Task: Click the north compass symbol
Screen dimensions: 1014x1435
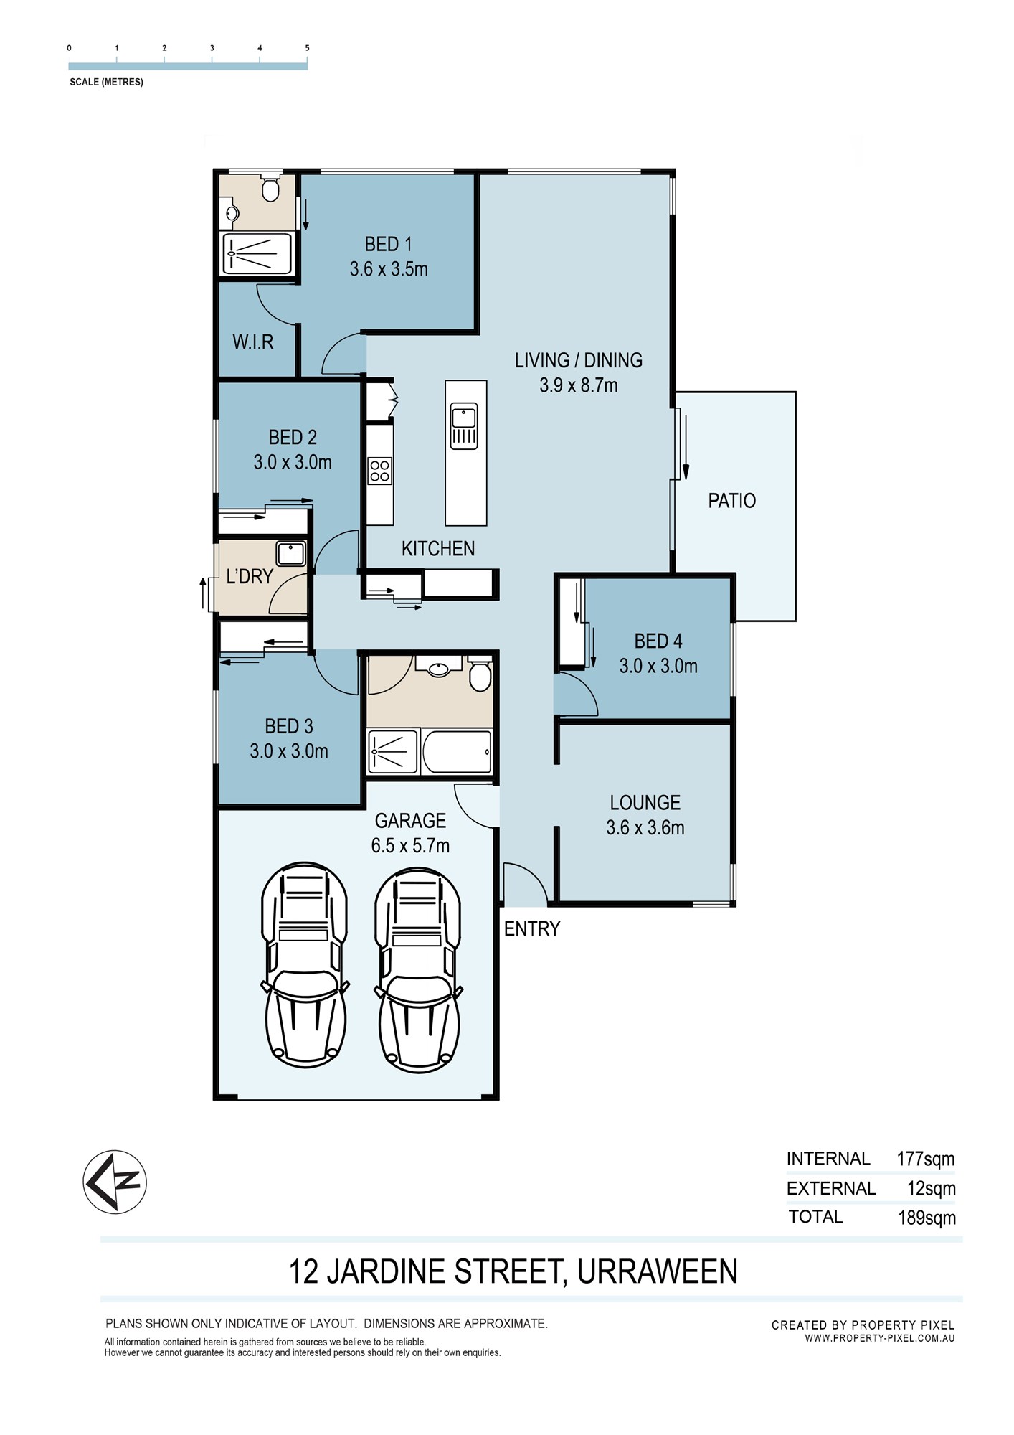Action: (115, 1182)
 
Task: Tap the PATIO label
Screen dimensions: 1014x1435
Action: (731, 500)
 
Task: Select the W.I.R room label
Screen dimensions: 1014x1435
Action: (252, 342)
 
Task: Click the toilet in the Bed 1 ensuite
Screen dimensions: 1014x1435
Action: (270, 188)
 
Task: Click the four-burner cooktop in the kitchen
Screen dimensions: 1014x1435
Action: (379, 471)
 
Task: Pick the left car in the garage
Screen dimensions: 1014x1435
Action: (305, 966)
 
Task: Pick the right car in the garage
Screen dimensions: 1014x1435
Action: (418, 970)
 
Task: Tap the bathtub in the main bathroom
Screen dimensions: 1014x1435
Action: (457, 751)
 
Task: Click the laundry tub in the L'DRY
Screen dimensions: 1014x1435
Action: (291, 554)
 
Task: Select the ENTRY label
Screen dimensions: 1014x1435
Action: (531, 928)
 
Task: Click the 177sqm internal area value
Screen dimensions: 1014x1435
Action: (925, 1159)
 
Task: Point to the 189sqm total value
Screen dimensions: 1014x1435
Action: (927, 1218)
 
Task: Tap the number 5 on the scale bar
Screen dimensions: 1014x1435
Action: (308, 48)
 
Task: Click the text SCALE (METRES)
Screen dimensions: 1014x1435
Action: (106, 82)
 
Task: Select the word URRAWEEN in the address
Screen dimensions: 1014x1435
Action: (657, 1271)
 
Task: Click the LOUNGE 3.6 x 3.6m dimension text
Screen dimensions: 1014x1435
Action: (645, 827)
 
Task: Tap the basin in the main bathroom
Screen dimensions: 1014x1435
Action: (438, 669)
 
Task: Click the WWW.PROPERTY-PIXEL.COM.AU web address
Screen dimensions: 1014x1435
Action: (880, 1338)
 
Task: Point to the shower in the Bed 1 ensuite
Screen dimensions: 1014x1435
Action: (257, 253)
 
